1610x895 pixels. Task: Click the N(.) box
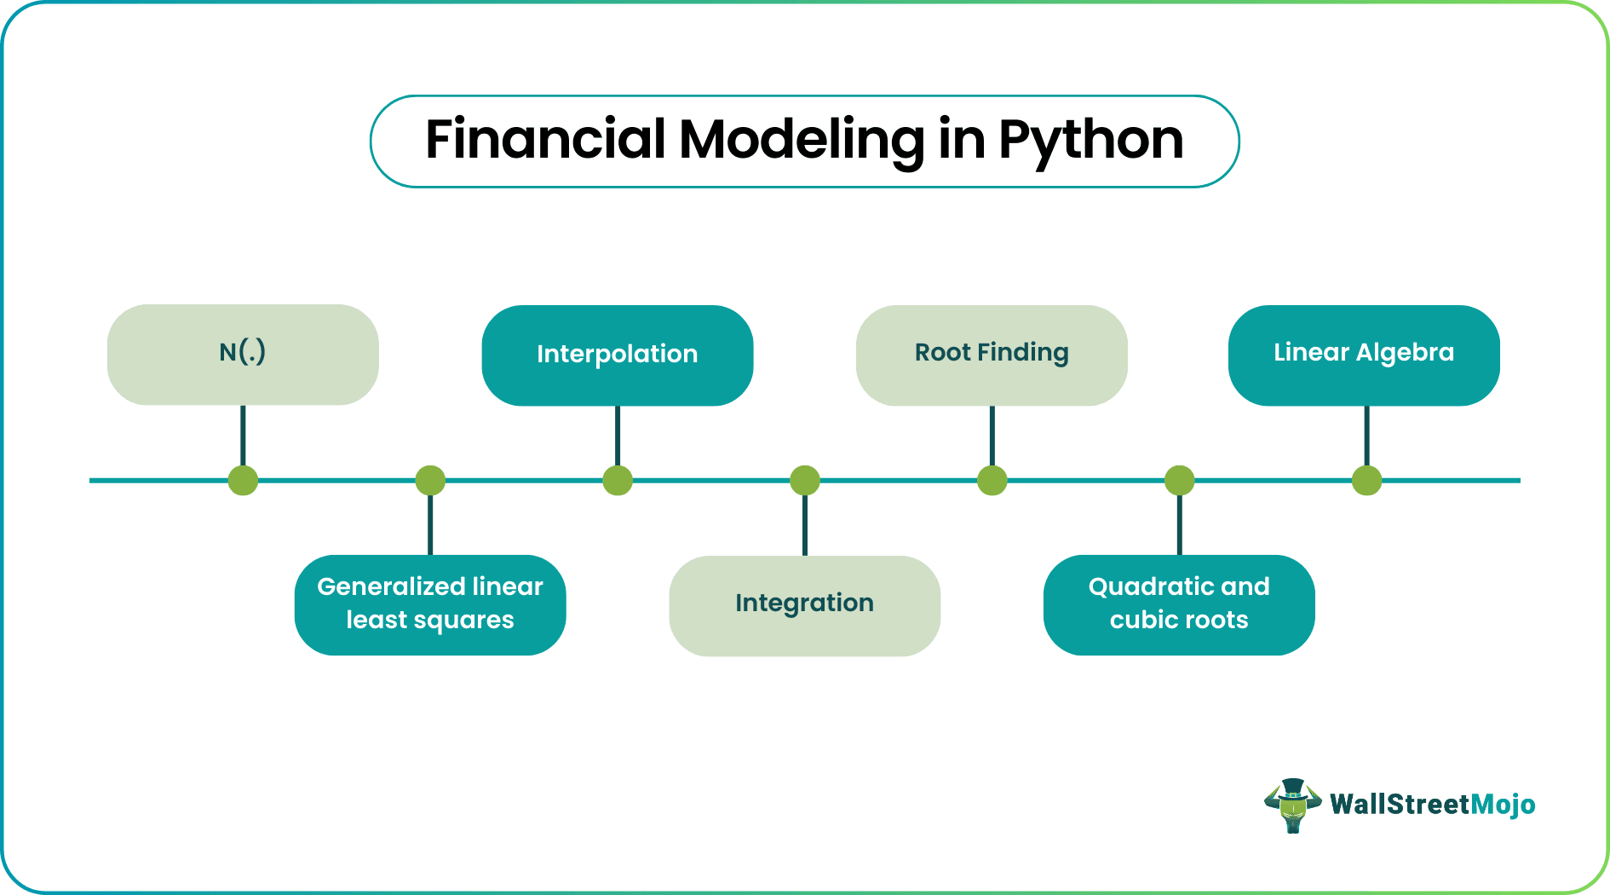click(x=243, y=354)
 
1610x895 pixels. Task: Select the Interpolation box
click(x=617, y=355)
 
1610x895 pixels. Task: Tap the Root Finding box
click(x=992, y=355)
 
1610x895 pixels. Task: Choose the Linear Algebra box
click(x=1363, y=355)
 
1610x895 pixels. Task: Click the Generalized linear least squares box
click(x=430, y=604)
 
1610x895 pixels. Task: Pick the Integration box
click(x=804, y=605)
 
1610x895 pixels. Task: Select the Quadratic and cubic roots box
click(x=1179, y=604)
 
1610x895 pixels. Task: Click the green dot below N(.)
click(x=243, y=481)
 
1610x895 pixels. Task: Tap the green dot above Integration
click(x=805, y=481)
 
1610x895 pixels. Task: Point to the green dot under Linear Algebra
click(x=1366, y=481)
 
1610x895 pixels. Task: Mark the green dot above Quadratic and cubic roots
click(x=1179, y=481)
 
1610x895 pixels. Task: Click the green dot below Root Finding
click(x=992, y=481)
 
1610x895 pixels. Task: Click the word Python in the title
click(x=1090, y=141)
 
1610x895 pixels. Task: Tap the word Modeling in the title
click(x=801, y=141)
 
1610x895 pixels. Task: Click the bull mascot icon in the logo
click(x=1292, y=805)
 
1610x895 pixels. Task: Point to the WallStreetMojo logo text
click(x=1432, y=805)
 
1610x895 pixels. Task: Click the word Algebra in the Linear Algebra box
click(x=1405, y=352)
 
